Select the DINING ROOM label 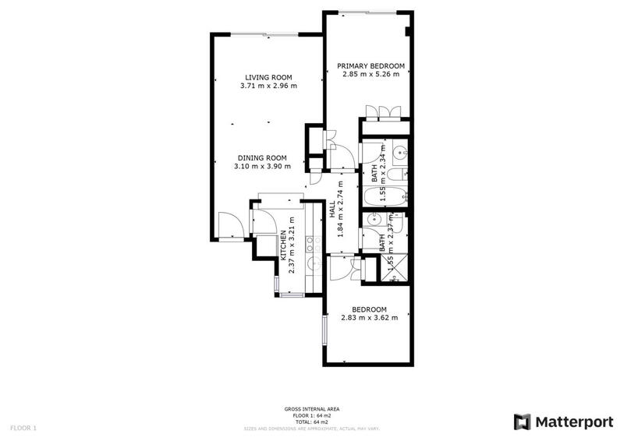[x=262, y=157]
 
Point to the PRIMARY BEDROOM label [x=370, y=66]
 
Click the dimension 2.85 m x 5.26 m [x=370, y=75]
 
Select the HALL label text [x=332, y=209]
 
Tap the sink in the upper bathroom [x=399, y=151]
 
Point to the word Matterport [x=573, y=422]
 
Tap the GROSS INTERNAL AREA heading [x=311, y=409]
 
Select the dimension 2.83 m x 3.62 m [x=370, y=317]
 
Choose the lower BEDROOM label [x=370, y=309]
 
